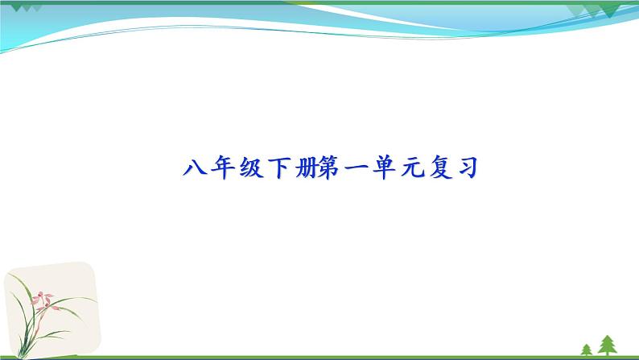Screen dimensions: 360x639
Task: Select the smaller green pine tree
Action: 586,348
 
